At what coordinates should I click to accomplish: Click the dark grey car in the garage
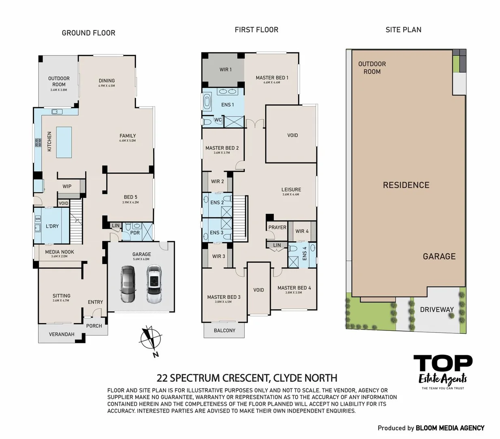click(x=128, y=284)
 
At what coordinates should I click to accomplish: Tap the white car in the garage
click(x=154, y=284)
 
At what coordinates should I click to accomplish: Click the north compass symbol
click(x=151, y=340)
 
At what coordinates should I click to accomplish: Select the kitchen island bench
click(x=64, y=142)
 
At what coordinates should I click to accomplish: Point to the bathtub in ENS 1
click(x=207, y=102)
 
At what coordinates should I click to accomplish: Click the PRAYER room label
click(x=277, y=227)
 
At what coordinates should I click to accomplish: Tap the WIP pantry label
click(x=67, y=186)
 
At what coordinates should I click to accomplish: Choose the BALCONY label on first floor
click(x=224, y=330)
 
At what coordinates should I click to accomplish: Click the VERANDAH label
click(x=62, y=334)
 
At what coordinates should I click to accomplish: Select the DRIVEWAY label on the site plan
click(x=437, y=309)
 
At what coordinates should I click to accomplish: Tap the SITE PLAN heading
click(x=403, y=30)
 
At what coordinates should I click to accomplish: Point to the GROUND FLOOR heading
click(x=88, y=33)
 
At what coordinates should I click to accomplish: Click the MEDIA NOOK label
click(x=59, y=252)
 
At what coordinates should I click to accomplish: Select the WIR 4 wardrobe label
click(x=302, y=231)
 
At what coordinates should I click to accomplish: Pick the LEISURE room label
click(x=291, y=189)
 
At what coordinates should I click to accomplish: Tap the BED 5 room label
click(x=130, y=197)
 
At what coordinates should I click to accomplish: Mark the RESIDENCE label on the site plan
click(x=406, y=185)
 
